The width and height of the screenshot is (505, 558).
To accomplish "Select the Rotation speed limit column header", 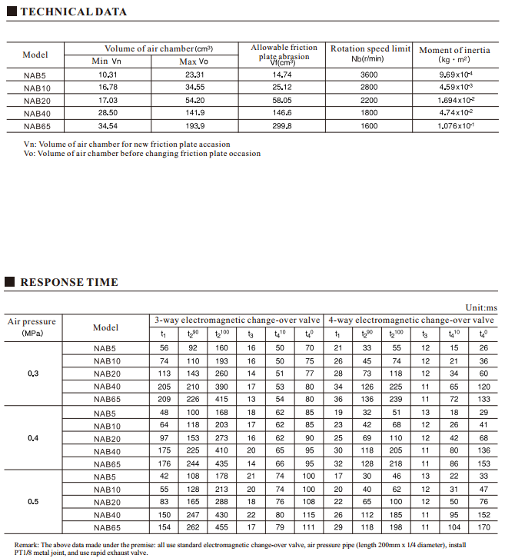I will pos(370,53).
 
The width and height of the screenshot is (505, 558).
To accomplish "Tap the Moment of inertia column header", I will pos(454,54).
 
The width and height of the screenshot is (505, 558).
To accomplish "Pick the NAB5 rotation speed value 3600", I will pos(369,75).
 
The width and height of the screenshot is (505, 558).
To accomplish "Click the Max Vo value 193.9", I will pos(194,125).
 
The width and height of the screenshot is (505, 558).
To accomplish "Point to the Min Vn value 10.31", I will pos(108,75).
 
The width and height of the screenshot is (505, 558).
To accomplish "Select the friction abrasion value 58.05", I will pos(282,100).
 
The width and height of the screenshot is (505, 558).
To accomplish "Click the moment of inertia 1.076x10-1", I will pos(455,125).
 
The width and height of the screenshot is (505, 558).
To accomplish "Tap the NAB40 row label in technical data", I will pos(36,113).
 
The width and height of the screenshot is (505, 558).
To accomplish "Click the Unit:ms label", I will pos(481,307).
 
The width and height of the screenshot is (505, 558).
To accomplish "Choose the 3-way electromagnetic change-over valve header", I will pos(237,320).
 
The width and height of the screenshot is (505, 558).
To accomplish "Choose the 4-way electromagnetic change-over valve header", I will pos(410,320).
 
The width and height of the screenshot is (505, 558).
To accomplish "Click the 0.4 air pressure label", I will pos(33,438).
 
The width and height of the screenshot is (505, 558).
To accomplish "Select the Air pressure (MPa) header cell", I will pos(33,327).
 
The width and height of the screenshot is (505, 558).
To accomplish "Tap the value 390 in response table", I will pos(221,387).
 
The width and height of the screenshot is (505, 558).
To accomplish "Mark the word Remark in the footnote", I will pos(25,543).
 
